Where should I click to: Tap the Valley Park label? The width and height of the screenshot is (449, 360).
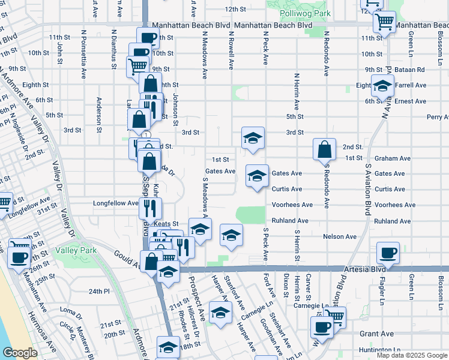(x=72, y=250)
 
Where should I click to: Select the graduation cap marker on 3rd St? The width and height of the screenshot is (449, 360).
(x=253, y=137)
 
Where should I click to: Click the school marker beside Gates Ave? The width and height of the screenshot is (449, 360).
(x=257, y=175)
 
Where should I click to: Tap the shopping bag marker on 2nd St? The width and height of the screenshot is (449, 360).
(x=324, y=149)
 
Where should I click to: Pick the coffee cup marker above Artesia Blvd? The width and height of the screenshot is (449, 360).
(x=387, y=253)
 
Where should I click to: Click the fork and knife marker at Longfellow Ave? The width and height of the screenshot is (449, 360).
(x=149, y=208)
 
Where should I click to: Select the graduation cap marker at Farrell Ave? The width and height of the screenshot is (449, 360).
(x=382, y=86)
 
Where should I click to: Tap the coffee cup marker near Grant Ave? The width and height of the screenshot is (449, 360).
(x=322, y=327)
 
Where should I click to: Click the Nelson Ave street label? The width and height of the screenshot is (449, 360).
(x=340, y=237)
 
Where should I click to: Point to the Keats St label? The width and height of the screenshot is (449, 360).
(x=167, y=224)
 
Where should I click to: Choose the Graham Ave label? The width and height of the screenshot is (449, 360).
(x=392, y=158)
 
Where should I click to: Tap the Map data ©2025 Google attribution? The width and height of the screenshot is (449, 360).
(x=412, y=355)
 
